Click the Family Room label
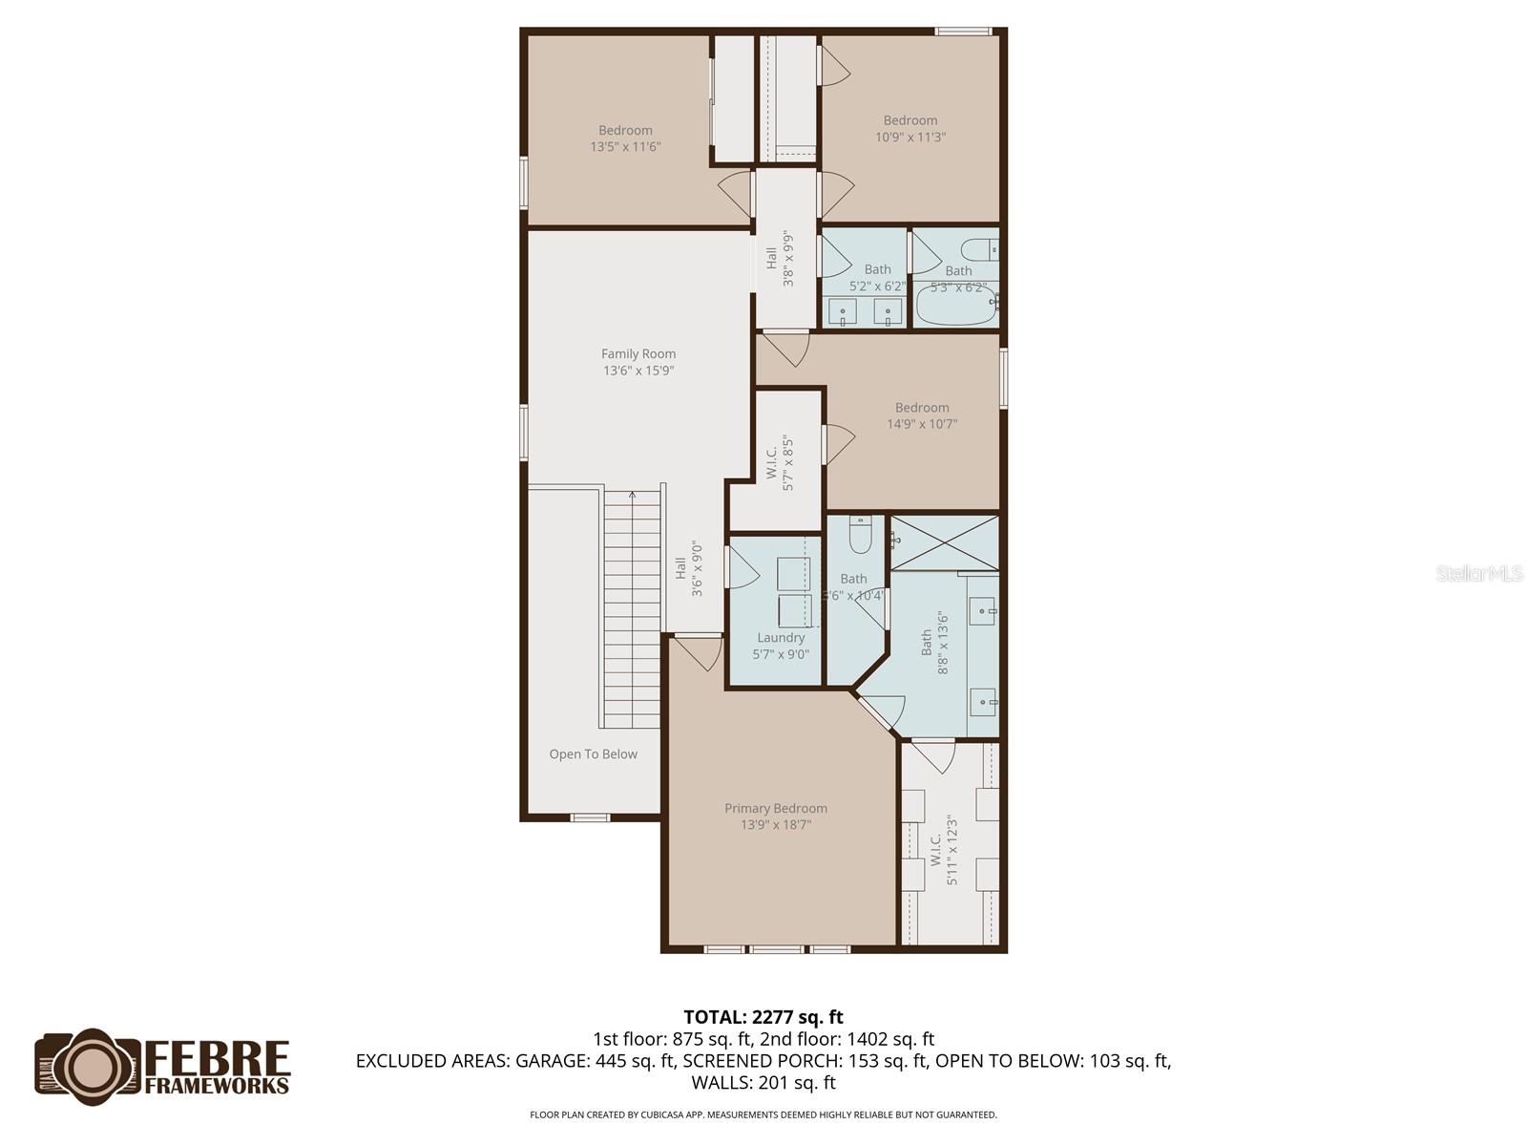(638, 354)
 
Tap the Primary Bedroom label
(775, 809)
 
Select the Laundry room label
(781, 638)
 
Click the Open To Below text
(593, 754)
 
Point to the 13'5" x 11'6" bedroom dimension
(625, 147)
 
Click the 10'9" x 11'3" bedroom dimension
(910, 138)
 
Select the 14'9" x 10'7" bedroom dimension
(922, 424)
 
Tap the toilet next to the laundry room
(861, 535)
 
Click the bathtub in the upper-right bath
(954, 306)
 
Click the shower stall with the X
(944, 542)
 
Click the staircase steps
(632, 611)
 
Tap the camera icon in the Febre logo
(91, 1066)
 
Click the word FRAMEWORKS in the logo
(217, 1085)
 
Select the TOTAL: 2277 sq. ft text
(763, 1017)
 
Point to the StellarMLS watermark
(1479, 574)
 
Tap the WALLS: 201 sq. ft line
(763, 1083)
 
